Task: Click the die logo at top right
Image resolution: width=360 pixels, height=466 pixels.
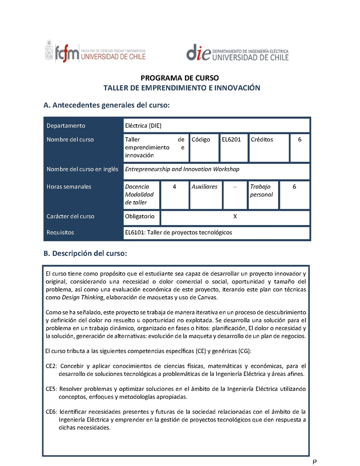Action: (237, 53)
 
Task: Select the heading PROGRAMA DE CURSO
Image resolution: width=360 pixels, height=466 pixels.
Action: (180, 78)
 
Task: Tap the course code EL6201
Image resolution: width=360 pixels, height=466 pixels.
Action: (231, 140)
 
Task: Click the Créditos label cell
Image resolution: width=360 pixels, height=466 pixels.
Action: (262, 140)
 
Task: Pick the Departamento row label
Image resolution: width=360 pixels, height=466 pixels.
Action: (66, 126)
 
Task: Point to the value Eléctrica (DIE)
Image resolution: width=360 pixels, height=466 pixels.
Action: (143, 126)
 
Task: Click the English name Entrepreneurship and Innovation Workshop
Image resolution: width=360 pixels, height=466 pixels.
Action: (182, 169)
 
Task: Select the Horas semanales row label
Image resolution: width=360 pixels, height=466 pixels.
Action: (69, 186)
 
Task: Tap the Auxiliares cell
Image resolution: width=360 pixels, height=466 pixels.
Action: (204, 186)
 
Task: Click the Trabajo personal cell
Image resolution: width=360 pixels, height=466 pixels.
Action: (261, 190)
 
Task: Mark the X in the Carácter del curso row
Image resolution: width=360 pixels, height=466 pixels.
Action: (235, 216)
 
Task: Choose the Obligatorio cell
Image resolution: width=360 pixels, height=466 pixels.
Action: (139, 216)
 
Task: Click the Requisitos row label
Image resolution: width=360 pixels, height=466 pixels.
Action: (60, 232)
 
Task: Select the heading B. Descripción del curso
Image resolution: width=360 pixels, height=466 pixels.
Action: (85, 253)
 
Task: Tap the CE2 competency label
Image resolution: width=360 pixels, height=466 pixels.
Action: (51, 366)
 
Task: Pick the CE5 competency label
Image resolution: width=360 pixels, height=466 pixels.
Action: (51, 389)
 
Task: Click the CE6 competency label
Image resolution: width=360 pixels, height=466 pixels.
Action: (51, 412)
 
